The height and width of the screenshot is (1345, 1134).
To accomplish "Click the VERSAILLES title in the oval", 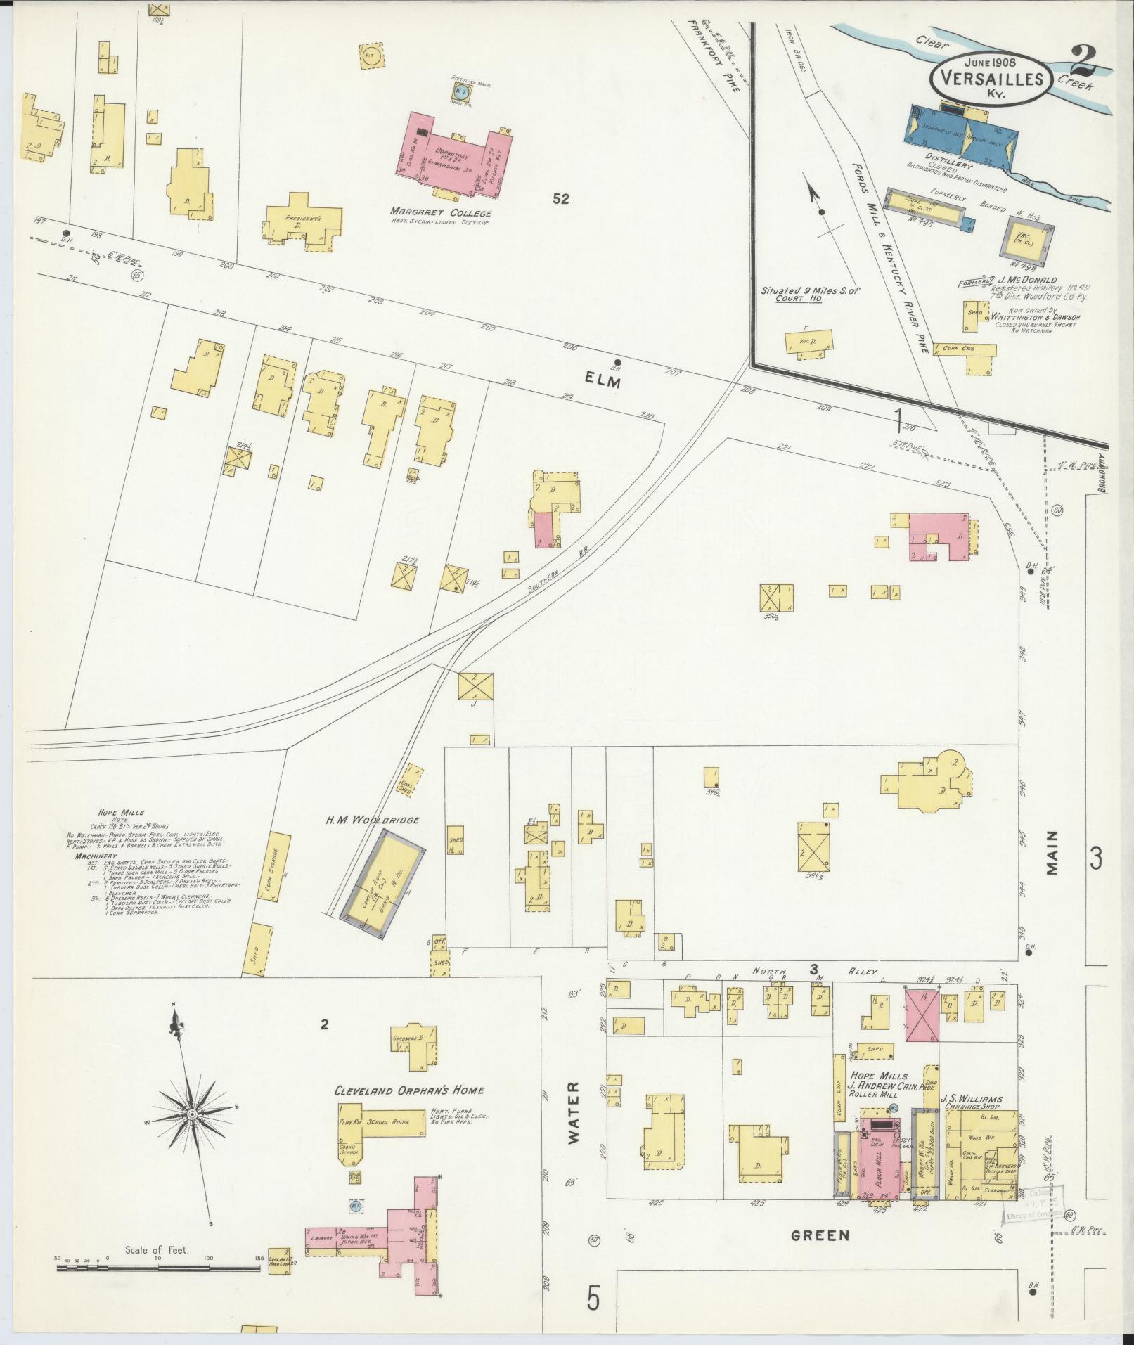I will pyautogui.click(x=991, y=78).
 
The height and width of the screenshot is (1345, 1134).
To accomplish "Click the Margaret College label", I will pyautogui.click(x=441, y=213).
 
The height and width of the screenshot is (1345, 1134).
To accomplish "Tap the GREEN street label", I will pyautogui.click(x=820, y=1255).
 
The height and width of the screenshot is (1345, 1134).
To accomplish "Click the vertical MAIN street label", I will pyautogui.click(x=1052, y=853).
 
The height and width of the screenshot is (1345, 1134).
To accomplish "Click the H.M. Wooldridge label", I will pyautogui.click(x=363, y=819).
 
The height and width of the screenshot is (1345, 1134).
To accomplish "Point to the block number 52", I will pyautogui.click(x=560, y=199).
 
